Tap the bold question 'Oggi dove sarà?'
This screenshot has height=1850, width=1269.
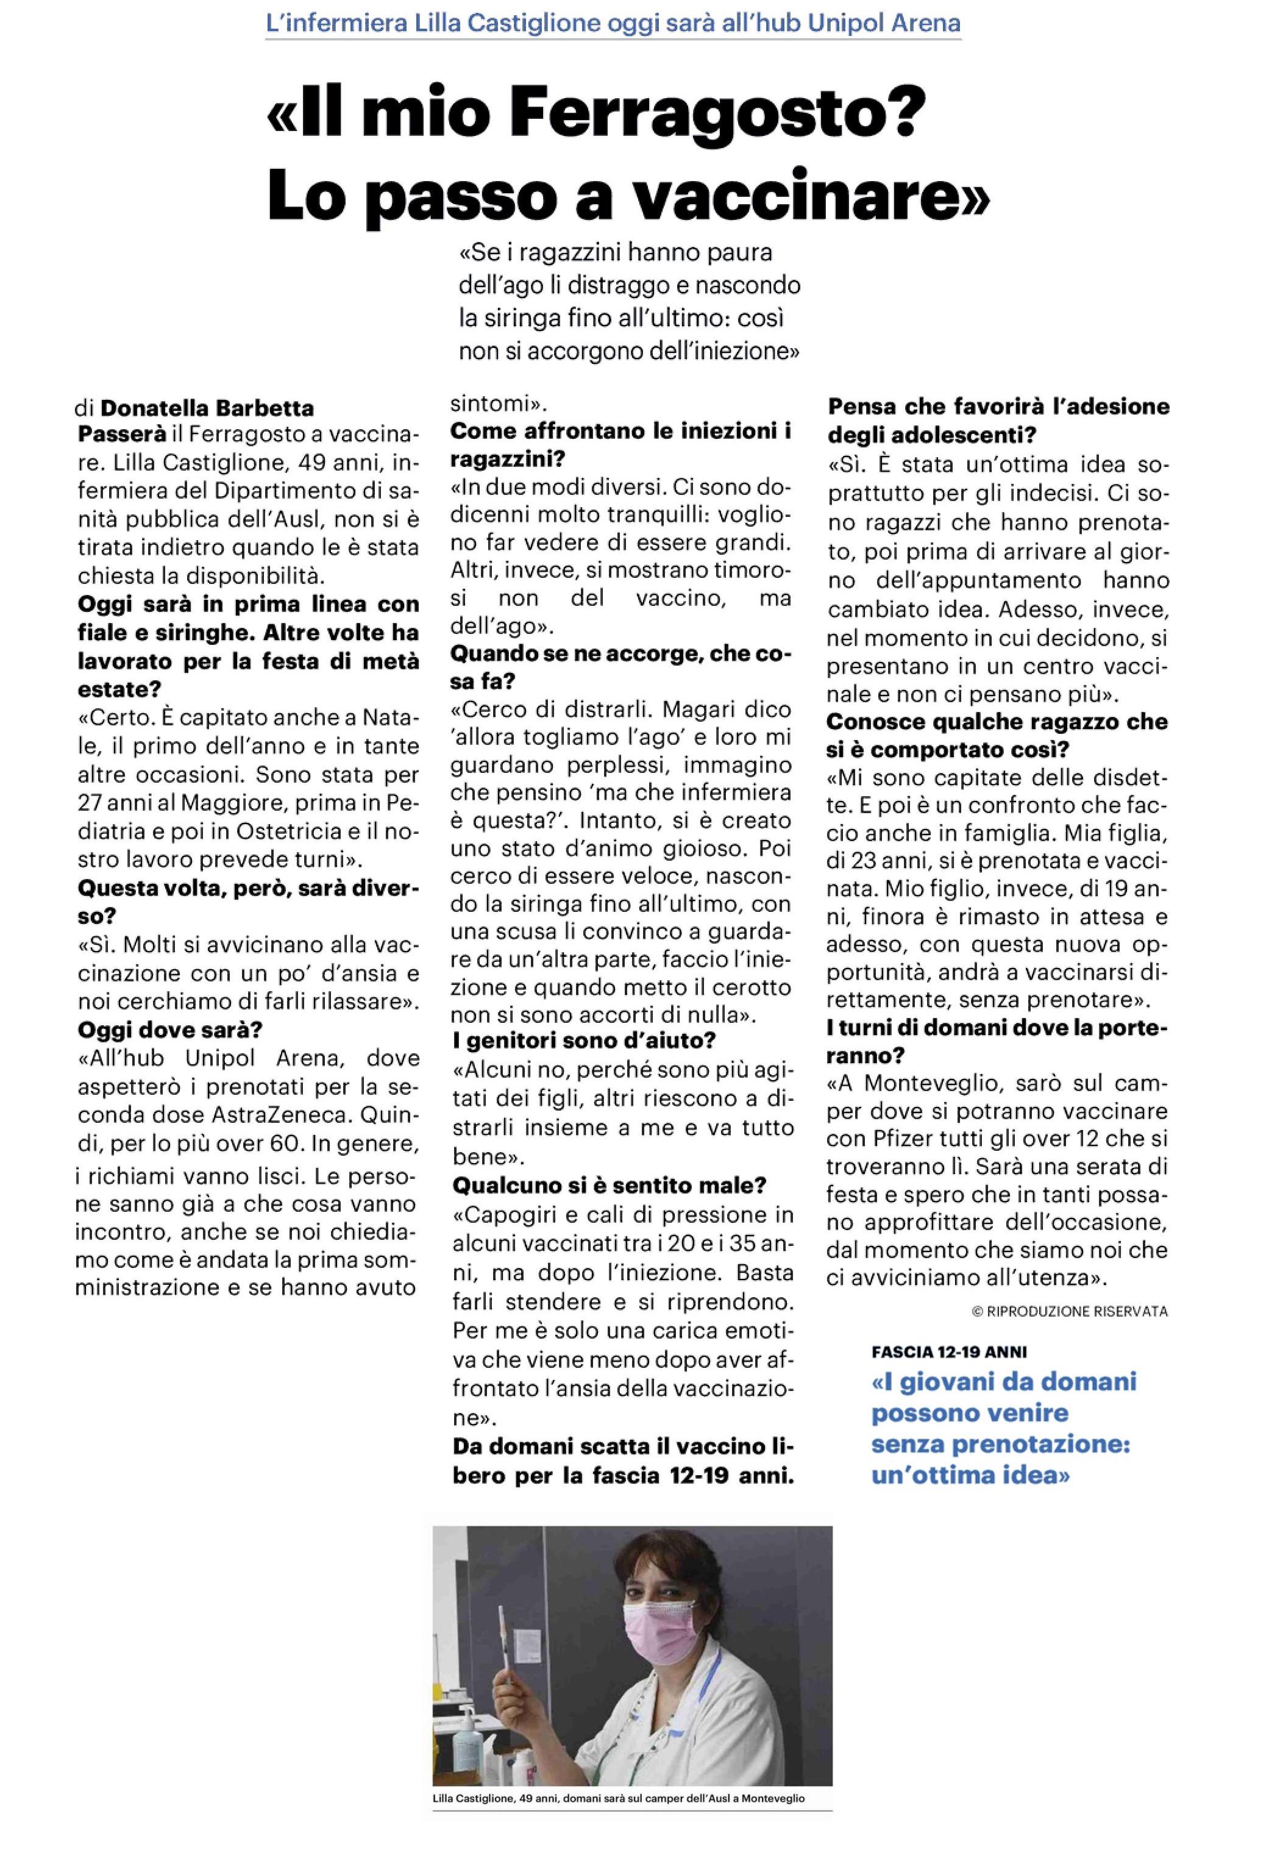click(x=169, y=1030)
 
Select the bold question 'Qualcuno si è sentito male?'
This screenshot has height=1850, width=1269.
click(x=609, y=1184)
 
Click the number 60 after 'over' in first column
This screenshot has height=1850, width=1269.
click(x=286, y=1144)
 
